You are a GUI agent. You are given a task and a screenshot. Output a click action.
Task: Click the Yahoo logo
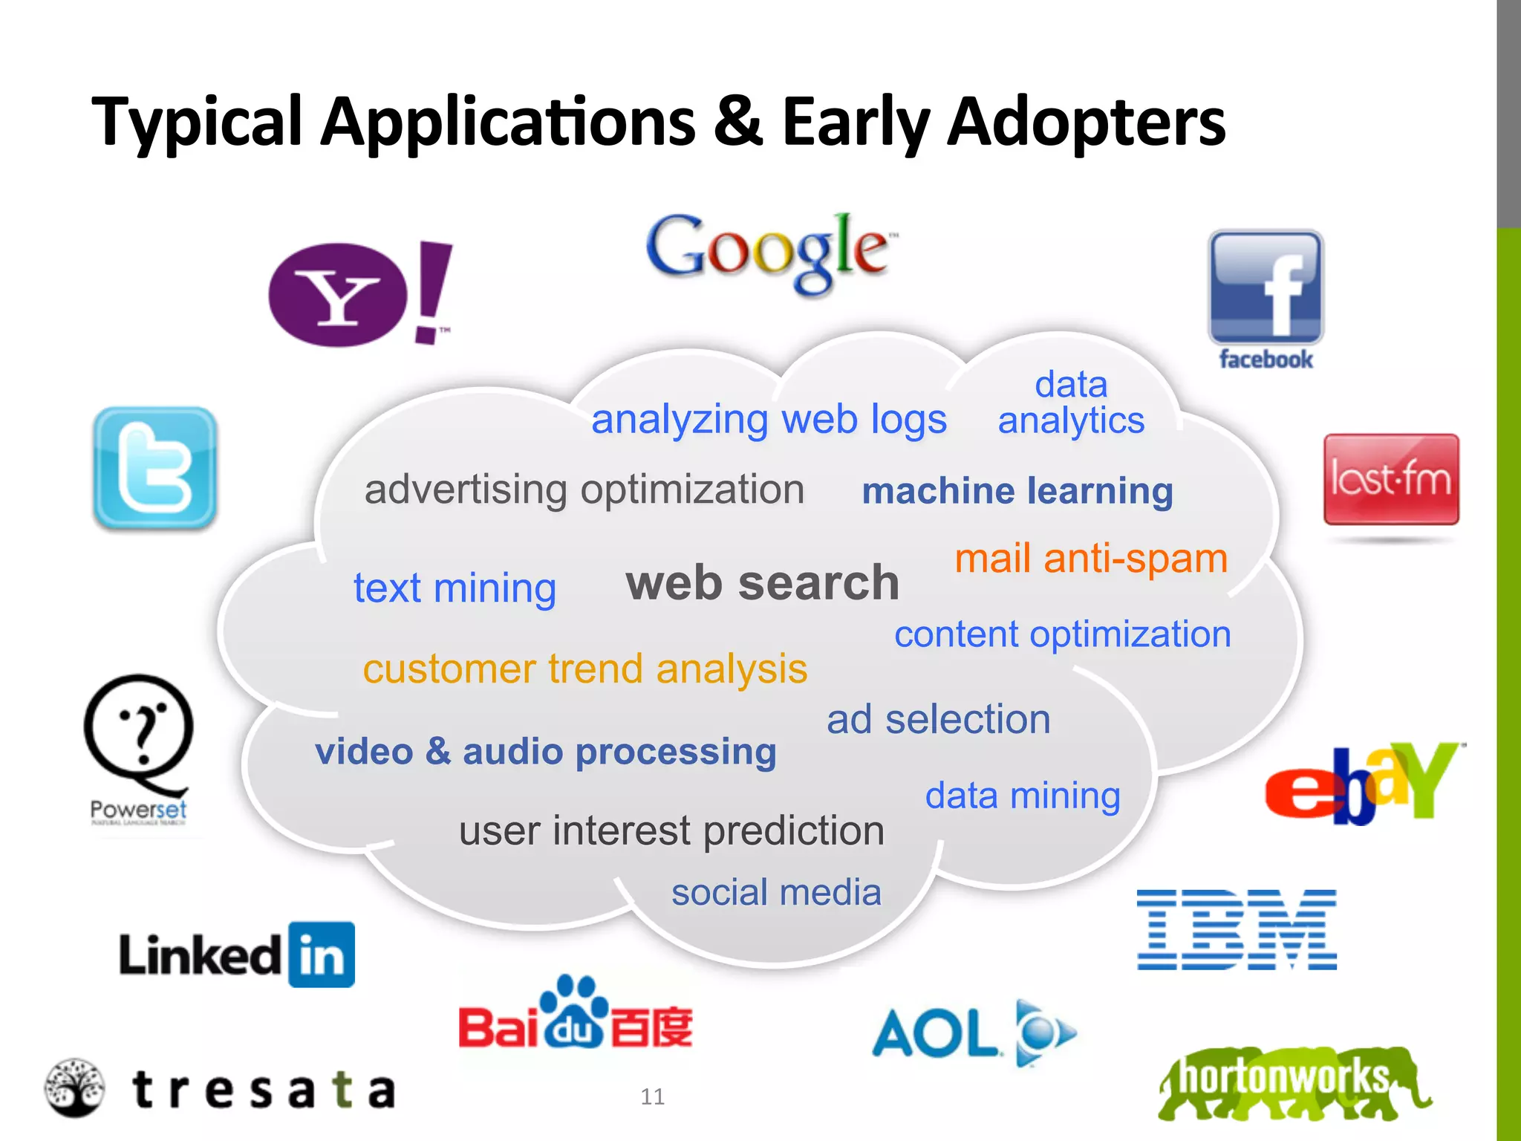(x=359, y=294)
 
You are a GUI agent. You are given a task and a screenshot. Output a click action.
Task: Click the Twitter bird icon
(x=155, y=468)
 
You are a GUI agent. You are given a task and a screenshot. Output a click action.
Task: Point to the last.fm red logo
(x=1391, y=479)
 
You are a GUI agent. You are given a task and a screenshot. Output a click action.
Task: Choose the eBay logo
(x=1364, y=784)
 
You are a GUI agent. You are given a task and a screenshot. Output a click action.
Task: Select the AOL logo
(x=973, y=1033)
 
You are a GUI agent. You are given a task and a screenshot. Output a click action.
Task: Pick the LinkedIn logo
(x=237, y=955)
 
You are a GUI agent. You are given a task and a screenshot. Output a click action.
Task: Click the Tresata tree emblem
(x=74, y=1088)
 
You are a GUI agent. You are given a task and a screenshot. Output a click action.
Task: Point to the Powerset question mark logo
(x=139, y=735)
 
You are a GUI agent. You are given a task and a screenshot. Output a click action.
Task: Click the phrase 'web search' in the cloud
(x=762, y=582)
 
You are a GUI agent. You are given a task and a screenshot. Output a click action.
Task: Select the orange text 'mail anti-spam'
(x=1091, y=559)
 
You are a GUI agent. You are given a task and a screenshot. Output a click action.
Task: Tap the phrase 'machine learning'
(x=1017, y=491)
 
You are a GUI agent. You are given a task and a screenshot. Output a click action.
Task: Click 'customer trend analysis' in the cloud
(x=584, y=669)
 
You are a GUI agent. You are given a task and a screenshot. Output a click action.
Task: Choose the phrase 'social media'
(x=776, y=892)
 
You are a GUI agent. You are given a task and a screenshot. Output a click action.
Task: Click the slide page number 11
(x=652, y=1096)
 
